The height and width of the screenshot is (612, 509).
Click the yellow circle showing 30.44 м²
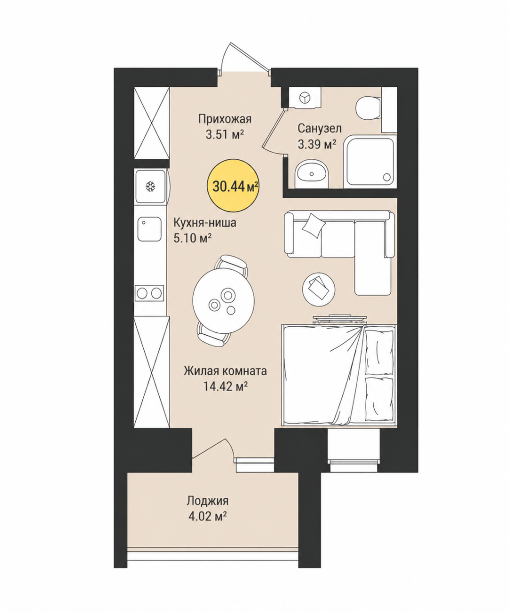[x=233, y=186]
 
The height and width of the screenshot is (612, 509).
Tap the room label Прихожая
[x=225, y=119]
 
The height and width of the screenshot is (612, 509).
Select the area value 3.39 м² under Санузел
[x=317, y=144]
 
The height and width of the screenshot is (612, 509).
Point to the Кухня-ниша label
[x=205, y=223]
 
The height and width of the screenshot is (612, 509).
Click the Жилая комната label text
[x=225, y=371]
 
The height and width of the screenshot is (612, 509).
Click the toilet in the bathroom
[x=367, y=108]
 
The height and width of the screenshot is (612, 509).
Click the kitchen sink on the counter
[x=149, y=229]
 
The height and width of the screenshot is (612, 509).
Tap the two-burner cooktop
[x=149, y=293]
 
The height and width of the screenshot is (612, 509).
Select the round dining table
[x=223, y=300]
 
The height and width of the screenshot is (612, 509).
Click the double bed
[x=339, y=375]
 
